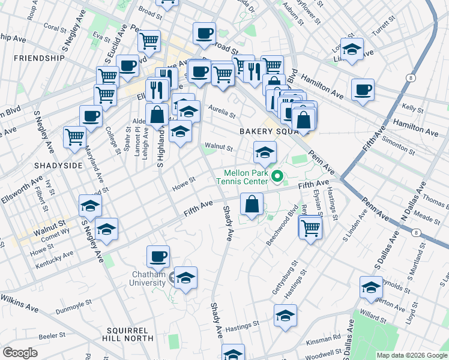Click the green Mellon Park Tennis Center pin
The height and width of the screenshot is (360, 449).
coord(277,176)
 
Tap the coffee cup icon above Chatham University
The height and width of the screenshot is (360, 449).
coord(158,257)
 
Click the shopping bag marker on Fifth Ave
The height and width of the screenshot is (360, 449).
coord(252,204)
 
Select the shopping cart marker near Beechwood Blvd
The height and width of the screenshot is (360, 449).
coord(310,228)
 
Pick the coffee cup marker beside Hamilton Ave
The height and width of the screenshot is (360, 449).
coord(363,90)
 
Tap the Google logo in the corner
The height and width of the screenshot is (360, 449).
coord(20,353)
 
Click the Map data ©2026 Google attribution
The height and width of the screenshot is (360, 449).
coord(412,355)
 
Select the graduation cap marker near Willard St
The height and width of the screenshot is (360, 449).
coord(372,288)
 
